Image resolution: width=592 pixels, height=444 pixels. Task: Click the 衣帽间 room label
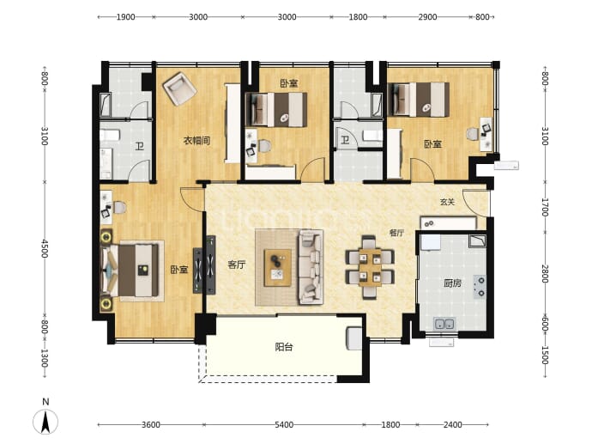196,141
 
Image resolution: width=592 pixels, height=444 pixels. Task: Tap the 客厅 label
237,265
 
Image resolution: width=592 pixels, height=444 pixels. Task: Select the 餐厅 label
396,233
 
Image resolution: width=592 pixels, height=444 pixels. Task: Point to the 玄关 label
447,202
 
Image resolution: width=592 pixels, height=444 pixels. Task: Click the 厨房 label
452,283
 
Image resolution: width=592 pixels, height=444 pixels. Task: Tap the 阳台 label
284,346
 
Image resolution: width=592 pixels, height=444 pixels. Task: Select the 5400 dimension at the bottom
284,425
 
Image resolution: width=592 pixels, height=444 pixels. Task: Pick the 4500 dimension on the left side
45,248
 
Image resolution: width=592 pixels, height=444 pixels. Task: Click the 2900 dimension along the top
427,17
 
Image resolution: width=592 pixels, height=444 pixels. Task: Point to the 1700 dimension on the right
545,207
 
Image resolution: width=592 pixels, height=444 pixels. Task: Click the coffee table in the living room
278,268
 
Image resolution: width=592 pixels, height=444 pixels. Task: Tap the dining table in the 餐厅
370,268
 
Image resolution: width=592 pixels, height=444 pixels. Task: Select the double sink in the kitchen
444,324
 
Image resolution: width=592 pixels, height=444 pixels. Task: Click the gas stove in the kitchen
480,287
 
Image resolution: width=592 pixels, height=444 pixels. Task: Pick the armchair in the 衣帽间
179,88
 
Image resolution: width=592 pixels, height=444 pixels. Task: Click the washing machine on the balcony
354,339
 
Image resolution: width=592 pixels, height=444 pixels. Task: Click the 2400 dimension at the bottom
452,425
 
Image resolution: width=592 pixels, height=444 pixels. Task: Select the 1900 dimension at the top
126,17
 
